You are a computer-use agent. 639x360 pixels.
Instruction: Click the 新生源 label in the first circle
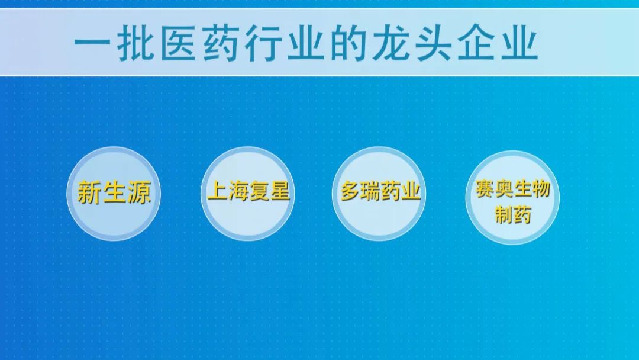click(x=114, y=192)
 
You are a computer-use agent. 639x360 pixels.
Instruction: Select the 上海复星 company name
click(x=248, y=191)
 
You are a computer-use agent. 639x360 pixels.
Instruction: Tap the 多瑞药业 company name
click(x=380, y=191)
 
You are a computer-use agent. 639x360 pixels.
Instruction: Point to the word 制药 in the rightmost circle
click(x=512, y=214)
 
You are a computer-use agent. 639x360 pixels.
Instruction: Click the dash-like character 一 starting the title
click(x=92, y=43)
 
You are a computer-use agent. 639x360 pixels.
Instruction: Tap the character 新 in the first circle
click(x=89, y=192)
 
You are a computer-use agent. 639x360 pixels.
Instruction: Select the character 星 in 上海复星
click(x=279, y=191)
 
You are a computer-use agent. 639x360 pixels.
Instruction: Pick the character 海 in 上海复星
click(x=238, y=191)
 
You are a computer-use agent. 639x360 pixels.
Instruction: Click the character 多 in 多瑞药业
click(x=350, y=191)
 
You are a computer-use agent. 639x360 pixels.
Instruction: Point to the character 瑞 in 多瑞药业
click(x=370, y=191)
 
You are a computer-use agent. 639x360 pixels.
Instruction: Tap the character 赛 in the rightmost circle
click(x=485, y=189)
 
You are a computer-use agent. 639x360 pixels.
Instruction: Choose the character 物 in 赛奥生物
click(x=541, y=189)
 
